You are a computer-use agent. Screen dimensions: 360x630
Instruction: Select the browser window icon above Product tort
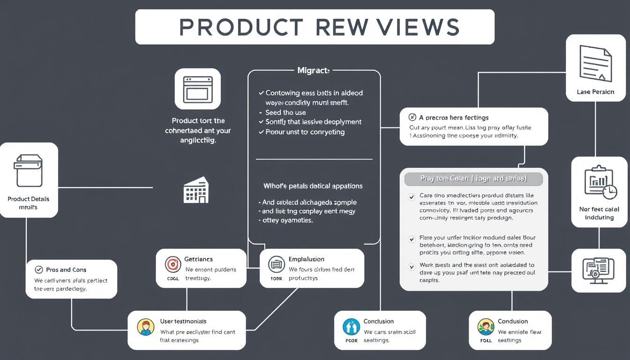(x=197, y=89)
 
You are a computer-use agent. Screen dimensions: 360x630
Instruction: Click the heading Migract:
(x=314, y=71)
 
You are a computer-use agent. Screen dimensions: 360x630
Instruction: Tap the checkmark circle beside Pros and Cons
(x=39, y=270)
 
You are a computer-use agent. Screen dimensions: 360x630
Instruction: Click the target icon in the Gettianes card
(x=173, y=264)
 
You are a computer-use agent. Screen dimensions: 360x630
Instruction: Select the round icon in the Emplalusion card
(x=276, y=264)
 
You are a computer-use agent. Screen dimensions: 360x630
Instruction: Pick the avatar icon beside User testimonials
(x=145, y=327)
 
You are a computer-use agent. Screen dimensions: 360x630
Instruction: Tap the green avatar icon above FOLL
(x=486, y=326)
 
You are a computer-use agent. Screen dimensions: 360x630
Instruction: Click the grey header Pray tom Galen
(x=473, y=179)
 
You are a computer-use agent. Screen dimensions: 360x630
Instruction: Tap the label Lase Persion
(x=595, y=92)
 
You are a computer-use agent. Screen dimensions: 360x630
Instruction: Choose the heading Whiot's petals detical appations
(x=313, y=186)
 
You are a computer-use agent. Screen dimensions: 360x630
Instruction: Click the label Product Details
(x=29, y=199)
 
